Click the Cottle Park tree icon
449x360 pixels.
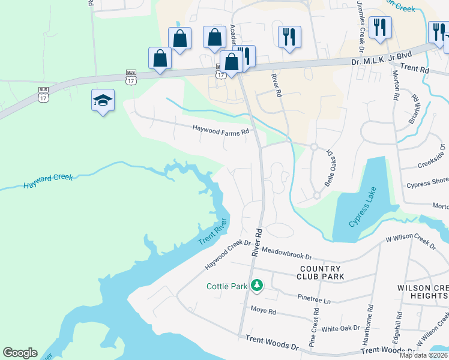point(257,285)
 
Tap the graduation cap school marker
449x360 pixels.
point(103,100)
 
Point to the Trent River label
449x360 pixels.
point(213,230)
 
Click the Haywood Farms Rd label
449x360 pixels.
point(220,129)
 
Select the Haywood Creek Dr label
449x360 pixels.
point(227,255)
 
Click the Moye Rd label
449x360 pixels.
point(264,311)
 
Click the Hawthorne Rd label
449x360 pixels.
point(367,326)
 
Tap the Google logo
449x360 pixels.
point(20,353)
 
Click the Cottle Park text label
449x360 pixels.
point(228,286)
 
